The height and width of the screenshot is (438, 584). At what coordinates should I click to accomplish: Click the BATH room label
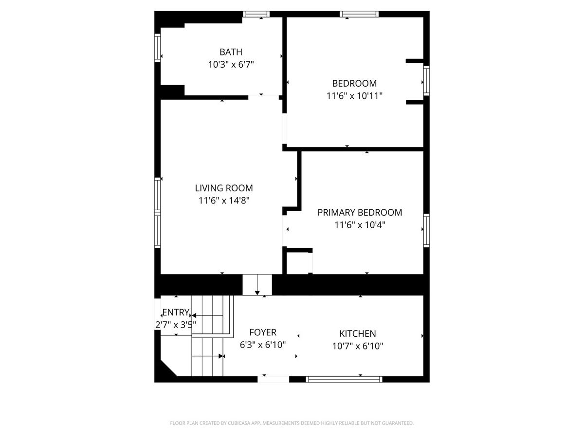point(231,52)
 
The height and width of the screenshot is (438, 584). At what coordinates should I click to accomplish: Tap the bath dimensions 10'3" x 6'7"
point(231,65)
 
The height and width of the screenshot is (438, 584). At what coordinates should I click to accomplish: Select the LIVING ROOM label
point(224,188)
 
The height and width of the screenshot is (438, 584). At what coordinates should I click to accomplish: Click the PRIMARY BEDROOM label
point(360,213)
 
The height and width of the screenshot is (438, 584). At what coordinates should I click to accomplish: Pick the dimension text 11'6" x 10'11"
point(354,96)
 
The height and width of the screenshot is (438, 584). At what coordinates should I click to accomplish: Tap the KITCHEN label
point(358,333)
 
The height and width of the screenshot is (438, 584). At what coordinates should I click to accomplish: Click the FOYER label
point(263,332)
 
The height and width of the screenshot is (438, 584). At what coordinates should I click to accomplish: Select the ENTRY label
point(176,312)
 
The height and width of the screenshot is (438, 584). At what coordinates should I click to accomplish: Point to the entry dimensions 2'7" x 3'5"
point(176,325)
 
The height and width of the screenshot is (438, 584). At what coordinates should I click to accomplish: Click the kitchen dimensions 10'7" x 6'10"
point(358,346)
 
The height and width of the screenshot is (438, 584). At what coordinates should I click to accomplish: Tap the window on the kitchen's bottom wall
point(344,379)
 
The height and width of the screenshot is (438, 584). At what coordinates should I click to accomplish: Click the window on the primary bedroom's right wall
point(426,231)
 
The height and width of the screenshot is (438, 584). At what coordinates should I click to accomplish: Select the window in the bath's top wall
point(256,14)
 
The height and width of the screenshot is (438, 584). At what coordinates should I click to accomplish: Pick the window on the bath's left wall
point(158,48)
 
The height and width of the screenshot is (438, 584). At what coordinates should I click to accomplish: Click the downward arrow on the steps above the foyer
point(257,285)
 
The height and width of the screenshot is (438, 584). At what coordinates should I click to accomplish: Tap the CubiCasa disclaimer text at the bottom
point(292,423)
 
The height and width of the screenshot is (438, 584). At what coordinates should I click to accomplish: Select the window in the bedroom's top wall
point(359,14)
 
